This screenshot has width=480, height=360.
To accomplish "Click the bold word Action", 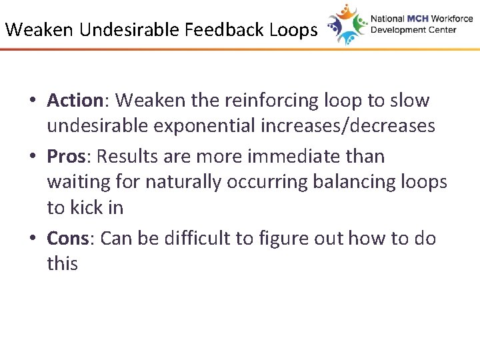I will tap(73, 101).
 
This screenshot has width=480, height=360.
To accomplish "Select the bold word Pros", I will tap(66, 157).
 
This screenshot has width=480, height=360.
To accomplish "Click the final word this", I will tap(62, 263).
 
